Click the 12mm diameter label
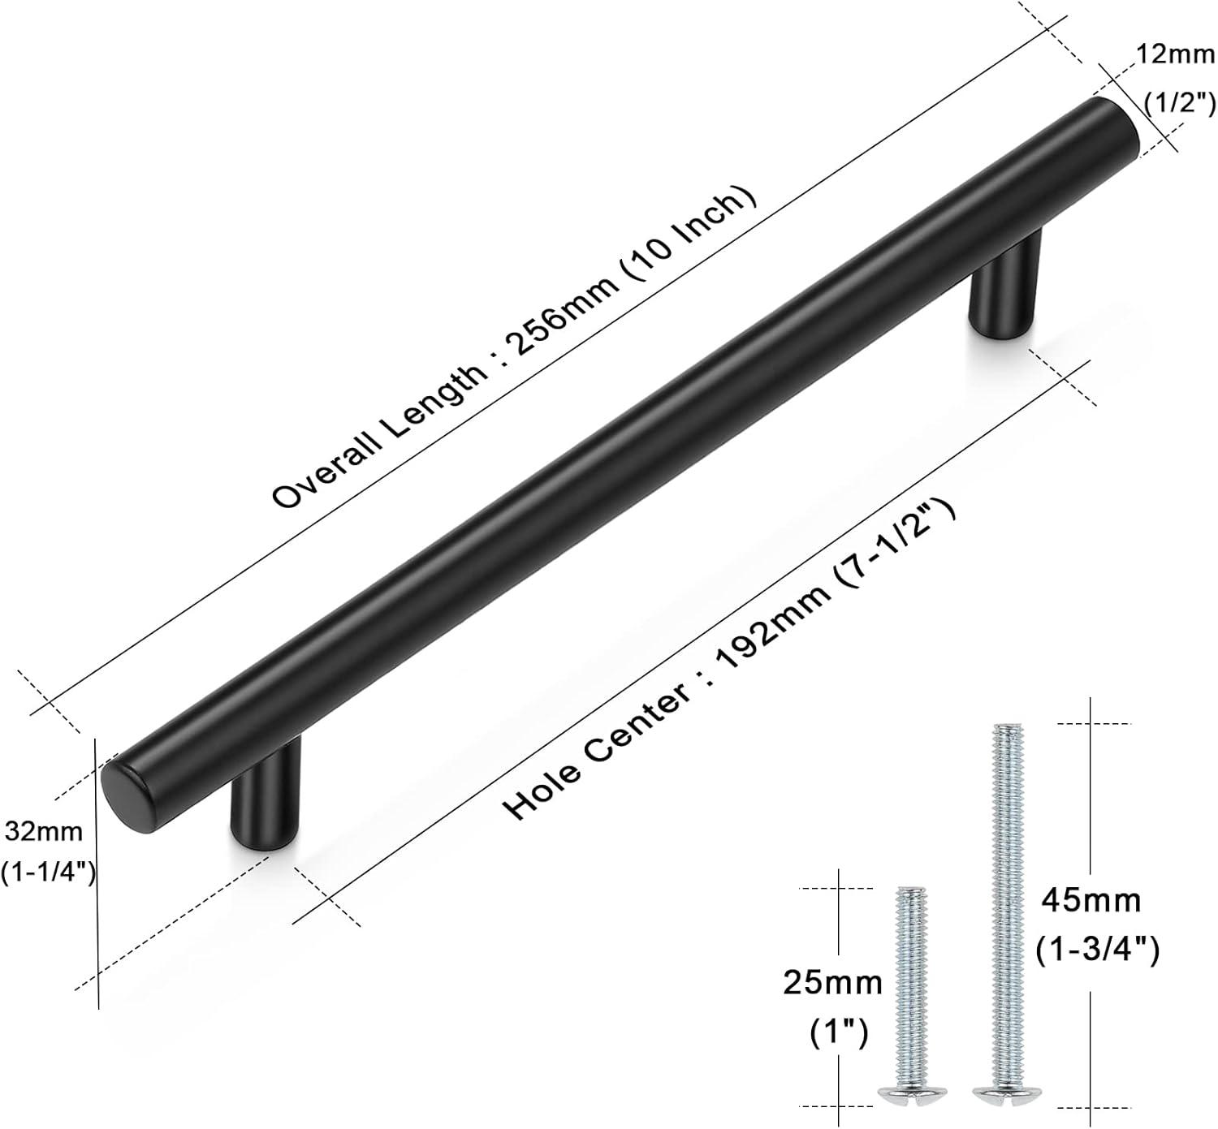[1176, 54]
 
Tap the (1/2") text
[1180, 102]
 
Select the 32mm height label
[44, 831]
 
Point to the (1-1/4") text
[49, 872]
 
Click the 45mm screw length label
[1091, 902]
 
